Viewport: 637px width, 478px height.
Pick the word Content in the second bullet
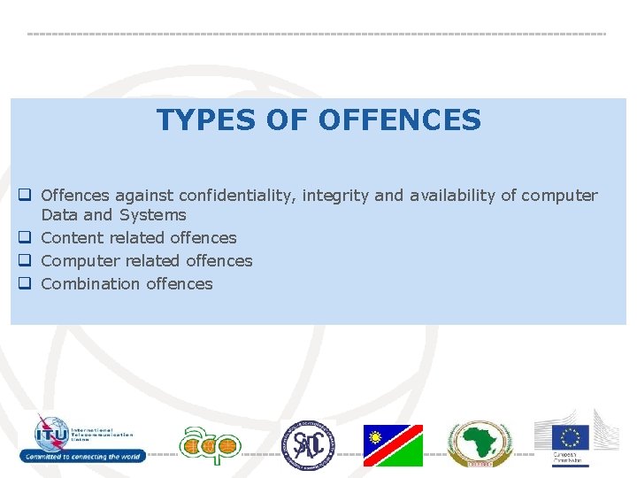tap(73, 237)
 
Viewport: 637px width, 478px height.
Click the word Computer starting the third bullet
tap(80, 260)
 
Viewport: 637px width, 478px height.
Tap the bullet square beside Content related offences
tap(26, 237)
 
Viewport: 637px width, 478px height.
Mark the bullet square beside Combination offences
tap(26, 283)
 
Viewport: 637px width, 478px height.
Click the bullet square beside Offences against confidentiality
tap(26, 195)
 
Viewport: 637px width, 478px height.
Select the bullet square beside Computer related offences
tap(26, 260)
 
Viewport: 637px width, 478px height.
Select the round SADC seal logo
tap(309, 444)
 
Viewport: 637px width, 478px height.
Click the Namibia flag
tap(393, 445)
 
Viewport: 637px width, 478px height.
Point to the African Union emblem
tap(478, 443)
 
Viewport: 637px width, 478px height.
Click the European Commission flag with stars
tap(571, 437)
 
